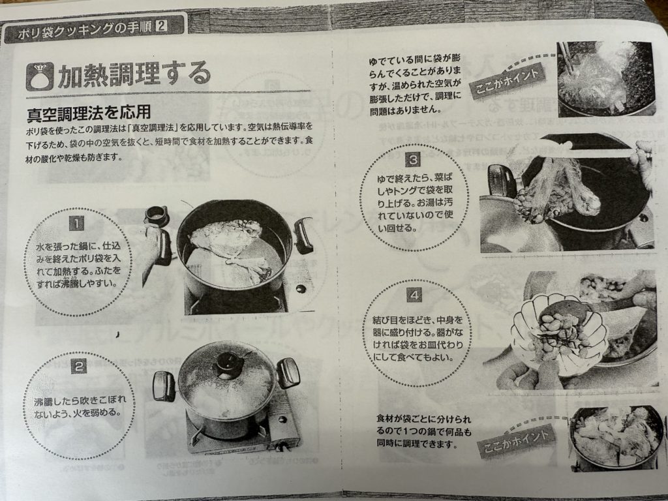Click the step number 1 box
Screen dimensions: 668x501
pos(77,224)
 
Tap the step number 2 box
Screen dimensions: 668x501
pos(79,365)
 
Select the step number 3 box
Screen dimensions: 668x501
pos(413,160)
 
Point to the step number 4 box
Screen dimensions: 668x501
pos(414,294)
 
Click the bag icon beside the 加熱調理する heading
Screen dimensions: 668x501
pos(40,76)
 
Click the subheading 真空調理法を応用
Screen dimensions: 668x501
pos(89,112)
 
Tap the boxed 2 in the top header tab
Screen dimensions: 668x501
pos(162,26)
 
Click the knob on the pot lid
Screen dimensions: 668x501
pos(228,365)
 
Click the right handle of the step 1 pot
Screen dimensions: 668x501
pos(304,235)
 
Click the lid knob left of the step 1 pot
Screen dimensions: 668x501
pos(157,215)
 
